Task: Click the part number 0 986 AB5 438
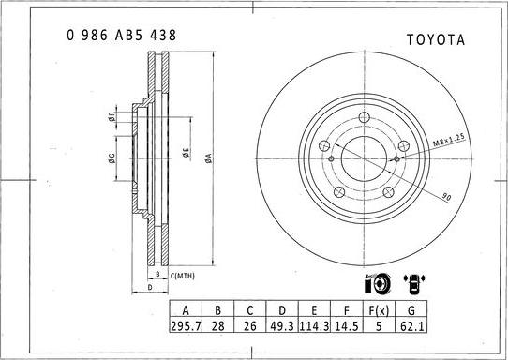[x=121, y=35]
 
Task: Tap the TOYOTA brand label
[x=435, y=39]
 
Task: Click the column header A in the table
[x=187, y=311]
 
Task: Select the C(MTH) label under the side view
[x=183, y=275]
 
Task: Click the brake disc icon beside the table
[x=376, y=282]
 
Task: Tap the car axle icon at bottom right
[x=411, y=282]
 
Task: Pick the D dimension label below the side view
[x=150, y=288]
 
